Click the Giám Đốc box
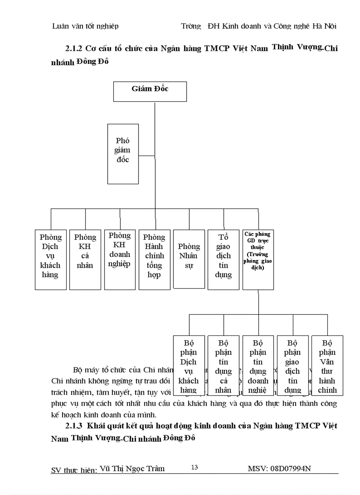pos(150,91)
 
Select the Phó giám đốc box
pos(123,153)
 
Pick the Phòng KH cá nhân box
pos(85,259)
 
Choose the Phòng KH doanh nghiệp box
pos(120,259)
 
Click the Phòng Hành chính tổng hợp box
pos(154,259)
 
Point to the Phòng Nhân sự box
pos(189,259)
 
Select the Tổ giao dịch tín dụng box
pos(224,259)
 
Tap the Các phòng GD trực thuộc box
pos(258,259)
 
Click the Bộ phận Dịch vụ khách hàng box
pos(189,365)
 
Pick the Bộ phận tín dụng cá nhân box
pos(224,365)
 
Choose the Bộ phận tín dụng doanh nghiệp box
pos(258,365)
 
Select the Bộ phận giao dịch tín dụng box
pos(292,365)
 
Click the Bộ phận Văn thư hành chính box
pos(327,365)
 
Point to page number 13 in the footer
pos(194,467)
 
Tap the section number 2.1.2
pos(74,48)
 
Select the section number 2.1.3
pos(74,426)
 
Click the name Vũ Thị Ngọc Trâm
pos(132,469)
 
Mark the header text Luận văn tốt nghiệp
pos(85,26)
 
